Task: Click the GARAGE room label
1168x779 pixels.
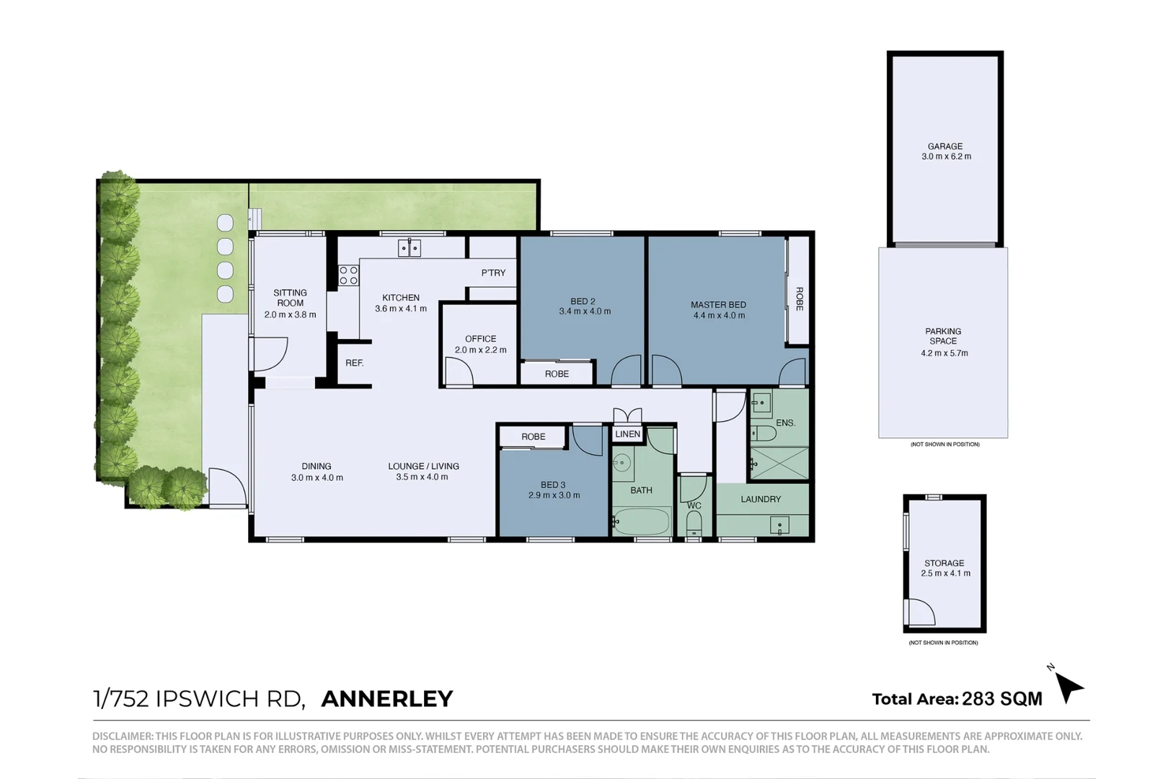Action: tap(944, 146)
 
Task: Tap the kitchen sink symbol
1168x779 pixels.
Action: tap(410, 248)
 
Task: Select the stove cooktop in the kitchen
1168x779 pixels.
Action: tap(349, 276)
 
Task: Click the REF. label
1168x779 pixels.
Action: tap(355, 363)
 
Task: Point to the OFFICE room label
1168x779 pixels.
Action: tap(480, 339)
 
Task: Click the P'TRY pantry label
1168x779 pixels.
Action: tap(493, 273)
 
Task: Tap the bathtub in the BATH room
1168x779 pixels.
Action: tap(642, 520)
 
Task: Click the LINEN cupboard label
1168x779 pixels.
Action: tap(627, 434)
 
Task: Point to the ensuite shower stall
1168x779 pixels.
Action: tap(779, 462)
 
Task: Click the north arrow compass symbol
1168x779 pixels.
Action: tap(1069, 687)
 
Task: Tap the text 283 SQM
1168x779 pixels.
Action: tap(1002, 699)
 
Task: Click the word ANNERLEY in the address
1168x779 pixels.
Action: tap(387, 699)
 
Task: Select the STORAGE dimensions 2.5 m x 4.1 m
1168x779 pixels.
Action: tap(945, 573)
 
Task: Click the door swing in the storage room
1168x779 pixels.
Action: tap(919, 612)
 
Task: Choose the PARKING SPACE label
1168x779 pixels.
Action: tap(943, 336)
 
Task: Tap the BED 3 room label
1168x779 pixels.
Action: tap(553, 485)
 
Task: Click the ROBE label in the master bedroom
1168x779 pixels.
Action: tap(800, 299)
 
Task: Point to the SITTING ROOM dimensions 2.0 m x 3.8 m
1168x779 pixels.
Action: tap(290, 314)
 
